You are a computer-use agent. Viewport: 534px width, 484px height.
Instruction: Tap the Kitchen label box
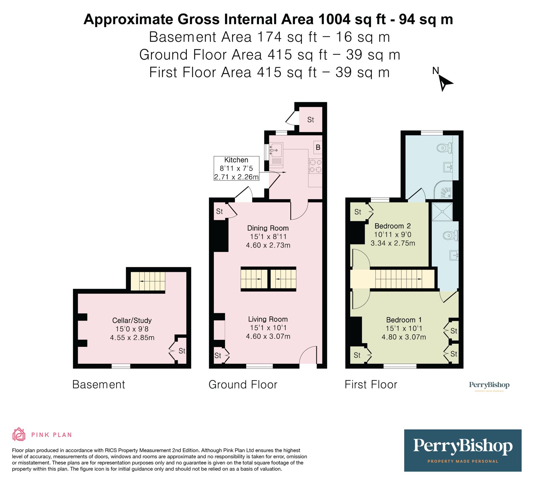pos(236,168)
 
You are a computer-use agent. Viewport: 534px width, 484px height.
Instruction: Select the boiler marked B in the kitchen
pos(318,147)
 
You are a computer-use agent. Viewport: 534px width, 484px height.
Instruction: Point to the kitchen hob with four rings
pos(315,166)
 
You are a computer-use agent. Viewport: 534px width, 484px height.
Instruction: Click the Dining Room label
pos(268,228)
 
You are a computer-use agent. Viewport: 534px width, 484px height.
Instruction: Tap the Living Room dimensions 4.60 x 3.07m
pos(268,337)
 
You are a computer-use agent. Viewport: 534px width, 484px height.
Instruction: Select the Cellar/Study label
pos(132,321)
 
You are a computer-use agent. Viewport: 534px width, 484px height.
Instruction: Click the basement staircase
pos(148,281)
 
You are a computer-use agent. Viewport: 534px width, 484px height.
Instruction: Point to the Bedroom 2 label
pos(392,226)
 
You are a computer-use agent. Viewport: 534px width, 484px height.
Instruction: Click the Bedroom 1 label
pos(404,320)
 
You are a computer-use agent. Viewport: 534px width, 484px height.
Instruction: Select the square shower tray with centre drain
pos(442,211)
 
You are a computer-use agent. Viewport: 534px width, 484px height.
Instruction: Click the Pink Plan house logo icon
pos(19,434)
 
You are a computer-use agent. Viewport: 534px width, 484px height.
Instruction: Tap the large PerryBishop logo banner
pos(463,450)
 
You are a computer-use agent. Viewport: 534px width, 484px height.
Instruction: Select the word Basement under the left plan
pos(98,385)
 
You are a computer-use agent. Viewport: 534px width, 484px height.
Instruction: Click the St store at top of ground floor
pos(311,119)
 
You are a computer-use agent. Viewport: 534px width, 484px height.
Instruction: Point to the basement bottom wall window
pos(121,366)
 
